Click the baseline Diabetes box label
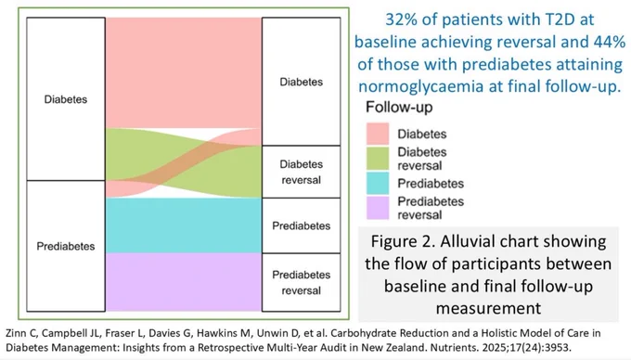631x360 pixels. (x=66, y=99)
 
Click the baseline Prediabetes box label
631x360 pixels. (x=66, y=246)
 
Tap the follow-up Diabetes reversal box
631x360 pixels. (x=301, y=172)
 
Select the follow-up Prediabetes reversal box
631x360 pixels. (x=301, y=282)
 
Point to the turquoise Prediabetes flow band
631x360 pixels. (x=184, y=225)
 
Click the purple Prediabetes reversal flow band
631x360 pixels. (x=184, y=282)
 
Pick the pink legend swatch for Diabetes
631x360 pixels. (x=378, y=134)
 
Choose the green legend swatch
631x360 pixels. (x=378, y=159)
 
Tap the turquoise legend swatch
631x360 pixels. (x=378, y=184)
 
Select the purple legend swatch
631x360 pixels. (x=378, y=208)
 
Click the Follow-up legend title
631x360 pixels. (x=399, y=108)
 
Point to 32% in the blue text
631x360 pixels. (x=401, y=19)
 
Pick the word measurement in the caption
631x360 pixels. (x=488, y=309)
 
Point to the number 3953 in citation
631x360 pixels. (x=559, y=348)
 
